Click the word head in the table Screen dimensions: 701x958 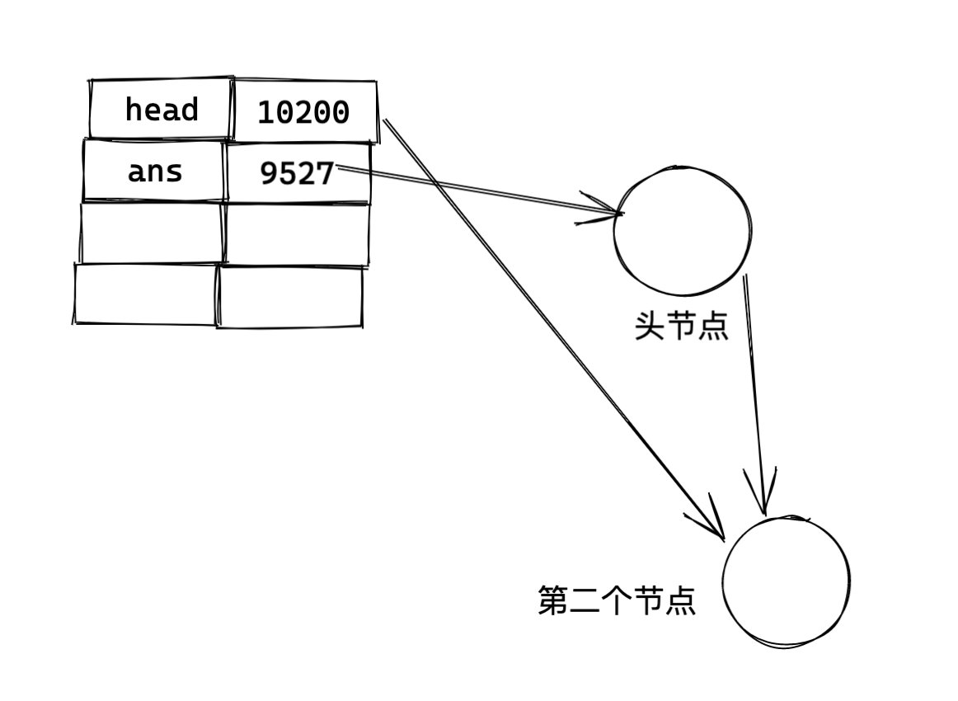point(162,110)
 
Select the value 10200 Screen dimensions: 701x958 point(303,112)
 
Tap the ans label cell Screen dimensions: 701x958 point(155,172)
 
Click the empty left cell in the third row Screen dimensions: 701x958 point(153,233)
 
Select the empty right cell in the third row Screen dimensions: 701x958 point(297,234)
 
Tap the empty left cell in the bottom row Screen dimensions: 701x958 point(146,294)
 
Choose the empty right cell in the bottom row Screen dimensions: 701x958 point(290,297)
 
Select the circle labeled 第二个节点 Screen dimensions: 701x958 point(786,581)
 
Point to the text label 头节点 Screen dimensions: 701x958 point(681,327)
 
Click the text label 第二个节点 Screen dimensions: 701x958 point(617,601)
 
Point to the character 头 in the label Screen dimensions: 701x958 point(650,327)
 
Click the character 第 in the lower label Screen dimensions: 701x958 point(553,601)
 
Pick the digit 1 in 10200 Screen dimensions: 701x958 point(266,112)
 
